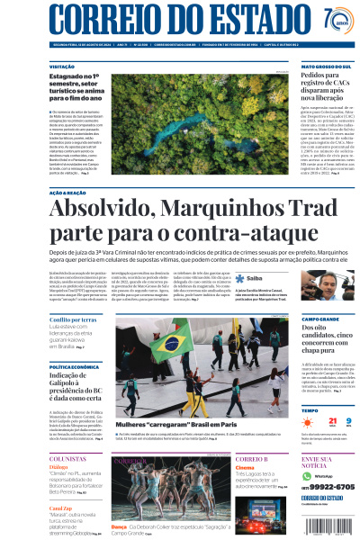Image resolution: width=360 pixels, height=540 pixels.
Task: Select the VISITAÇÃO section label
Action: [x=61, y=67]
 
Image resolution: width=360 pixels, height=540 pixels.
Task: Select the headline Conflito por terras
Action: [x=73, y=319]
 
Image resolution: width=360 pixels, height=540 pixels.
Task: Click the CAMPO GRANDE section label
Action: [x=320, y=319]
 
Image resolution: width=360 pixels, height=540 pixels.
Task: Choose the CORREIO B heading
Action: [x=252, y=459]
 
